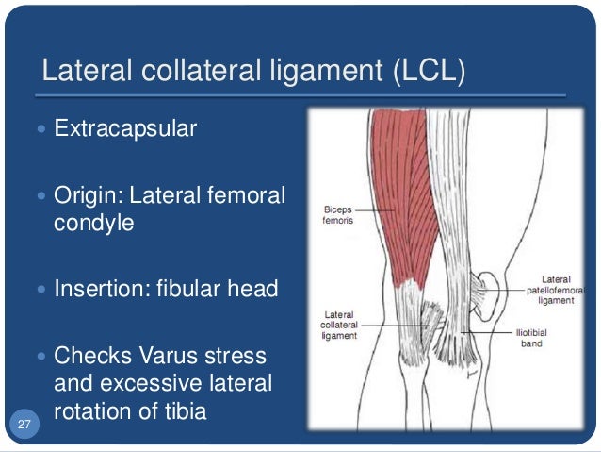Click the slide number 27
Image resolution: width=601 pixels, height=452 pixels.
[24, 426]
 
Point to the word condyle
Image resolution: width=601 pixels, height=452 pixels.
[94, 225]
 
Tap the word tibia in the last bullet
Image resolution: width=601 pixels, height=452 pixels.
[179, 411]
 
